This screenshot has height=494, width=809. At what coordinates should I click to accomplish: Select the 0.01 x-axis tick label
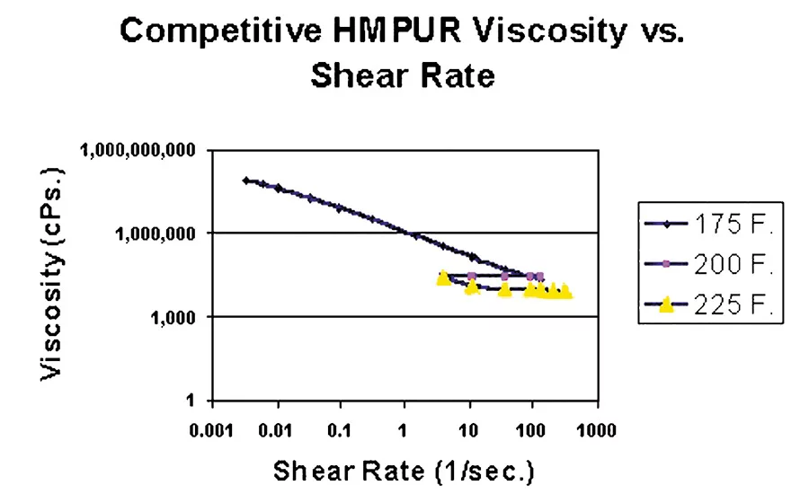click(278, 430)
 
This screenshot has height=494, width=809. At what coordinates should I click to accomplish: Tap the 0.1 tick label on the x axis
click(341, 430)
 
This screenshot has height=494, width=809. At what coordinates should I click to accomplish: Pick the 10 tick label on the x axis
click(468, 430)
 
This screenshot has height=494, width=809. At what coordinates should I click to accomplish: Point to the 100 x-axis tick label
click(531, 430)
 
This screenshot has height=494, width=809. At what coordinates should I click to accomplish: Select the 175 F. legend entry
click(729, 225)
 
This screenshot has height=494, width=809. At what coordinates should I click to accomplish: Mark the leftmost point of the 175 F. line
click(246, 181)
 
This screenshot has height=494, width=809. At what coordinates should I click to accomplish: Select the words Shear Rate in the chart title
click(402, 75)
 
